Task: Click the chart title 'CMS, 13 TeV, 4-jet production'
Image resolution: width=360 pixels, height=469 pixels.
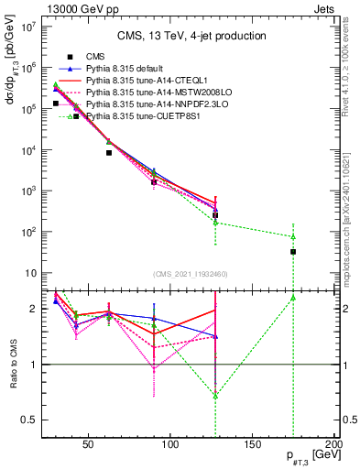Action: click(190, 36)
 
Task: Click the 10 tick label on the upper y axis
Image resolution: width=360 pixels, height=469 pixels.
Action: click(31, 273)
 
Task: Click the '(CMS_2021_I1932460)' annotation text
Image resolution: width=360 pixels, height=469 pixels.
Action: click(190, 274)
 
